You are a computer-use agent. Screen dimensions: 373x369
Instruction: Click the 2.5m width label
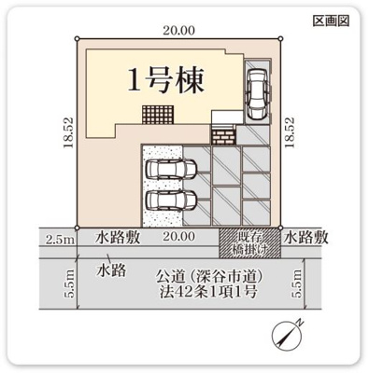click(x=58, y=240)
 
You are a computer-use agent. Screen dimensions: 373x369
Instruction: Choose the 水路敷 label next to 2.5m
click(x=118, y=238)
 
